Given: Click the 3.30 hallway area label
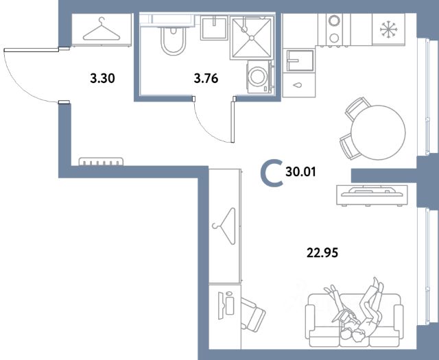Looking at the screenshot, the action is tap(102, 78).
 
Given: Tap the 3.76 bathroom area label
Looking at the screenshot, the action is tap(206, 78).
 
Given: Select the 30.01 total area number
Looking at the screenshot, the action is tap(300, 171).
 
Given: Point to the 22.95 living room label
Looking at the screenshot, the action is tap(322, 252).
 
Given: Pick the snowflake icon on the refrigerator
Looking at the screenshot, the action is tap(389, 29).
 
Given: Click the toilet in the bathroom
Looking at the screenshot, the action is tap(173, 40).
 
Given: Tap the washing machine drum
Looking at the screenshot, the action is tap(258, 76).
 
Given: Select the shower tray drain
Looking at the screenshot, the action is tap(252, 38).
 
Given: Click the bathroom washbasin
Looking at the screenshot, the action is tap(214, 27).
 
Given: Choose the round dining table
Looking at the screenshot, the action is tap(378, 132).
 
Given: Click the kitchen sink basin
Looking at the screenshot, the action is tap(300, 60).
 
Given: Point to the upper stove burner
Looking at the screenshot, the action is tap(334, 21).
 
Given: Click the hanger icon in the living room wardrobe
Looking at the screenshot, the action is tap(224, 226).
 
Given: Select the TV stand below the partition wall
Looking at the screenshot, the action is tap(372, 195).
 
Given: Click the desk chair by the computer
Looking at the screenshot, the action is tap(253, 315).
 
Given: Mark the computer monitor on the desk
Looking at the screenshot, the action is tap(221, 306).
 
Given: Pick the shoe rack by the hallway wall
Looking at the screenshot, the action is tap(101, 162).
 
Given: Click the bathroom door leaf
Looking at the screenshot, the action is tap(233, 122).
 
